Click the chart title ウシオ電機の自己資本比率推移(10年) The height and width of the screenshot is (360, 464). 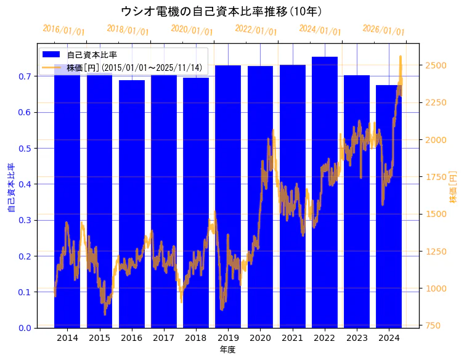pos(221,11)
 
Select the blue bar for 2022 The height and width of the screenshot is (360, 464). pos(324,191)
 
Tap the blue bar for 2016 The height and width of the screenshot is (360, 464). pos(131,203)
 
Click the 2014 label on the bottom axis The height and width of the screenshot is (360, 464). pos(67,338)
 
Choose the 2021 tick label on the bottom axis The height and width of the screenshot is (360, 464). pos(292,338)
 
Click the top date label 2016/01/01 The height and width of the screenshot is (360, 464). pos(63,30)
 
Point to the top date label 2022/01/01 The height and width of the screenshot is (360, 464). pos(256,30)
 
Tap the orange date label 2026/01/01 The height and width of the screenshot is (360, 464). pos(383,30)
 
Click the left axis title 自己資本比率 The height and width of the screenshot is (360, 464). pos(11,188)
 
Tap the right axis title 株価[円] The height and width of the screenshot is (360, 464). pos(454,188)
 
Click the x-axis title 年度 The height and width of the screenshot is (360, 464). pos(227,350)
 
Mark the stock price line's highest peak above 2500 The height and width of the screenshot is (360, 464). pos(401,57)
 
